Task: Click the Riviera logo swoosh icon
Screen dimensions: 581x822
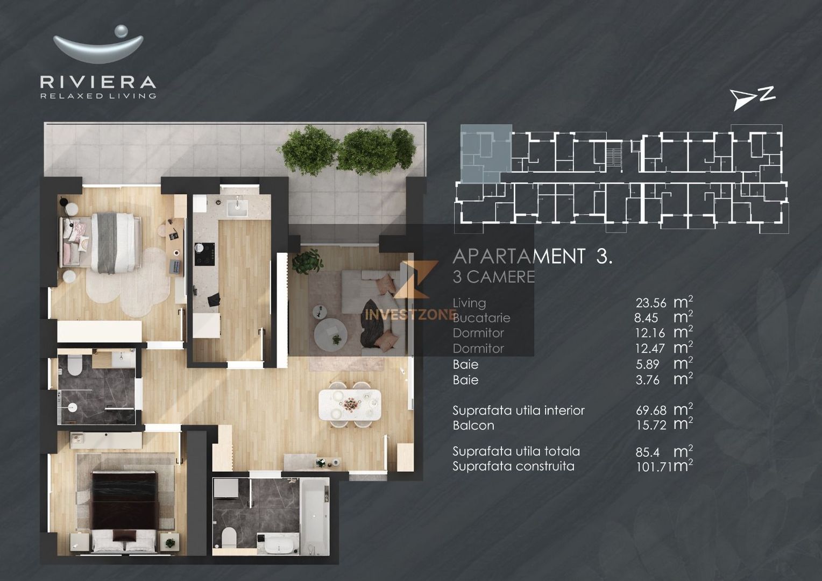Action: coord(98,47)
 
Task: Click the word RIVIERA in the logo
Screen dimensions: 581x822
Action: coord(98,82)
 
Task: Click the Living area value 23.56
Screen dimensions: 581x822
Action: coord(650,303)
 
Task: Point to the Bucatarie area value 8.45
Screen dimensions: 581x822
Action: coord(646,318)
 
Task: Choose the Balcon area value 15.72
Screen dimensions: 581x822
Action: coord(651,425)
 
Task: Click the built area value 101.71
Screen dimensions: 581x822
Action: coord(654,466)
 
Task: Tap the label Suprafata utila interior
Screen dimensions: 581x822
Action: coord(518,410)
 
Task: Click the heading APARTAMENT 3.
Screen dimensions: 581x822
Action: coord(532,257)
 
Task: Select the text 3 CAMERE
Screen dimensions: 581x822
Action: coord(493,277)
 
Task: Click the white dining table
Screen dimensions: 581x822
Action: coord(350,405)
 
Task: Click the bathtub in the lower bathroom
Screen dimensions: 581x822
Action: coord(313,515)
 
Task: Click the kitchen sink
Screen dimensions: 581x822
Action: coord(237,207)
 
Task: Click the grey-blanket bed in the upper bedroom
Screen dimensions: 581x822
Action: coord(112,242)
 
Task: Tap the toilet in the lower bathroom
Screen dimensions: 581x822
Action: coord(229,536)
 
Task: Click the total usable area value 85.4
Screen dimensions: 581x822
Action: coord(647,452)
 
